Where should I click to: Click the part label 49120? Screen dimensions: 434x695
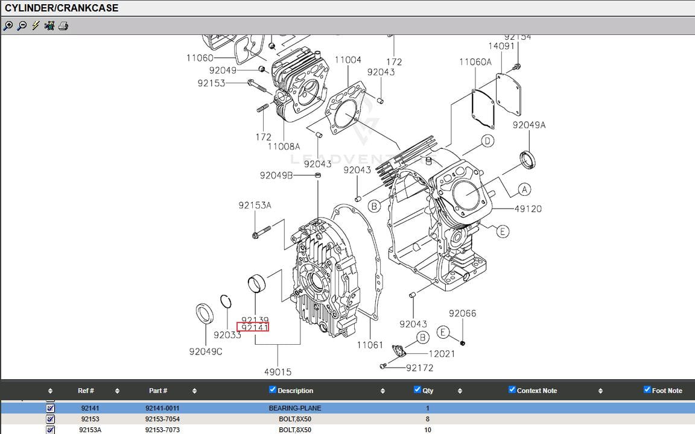tap(528, 209)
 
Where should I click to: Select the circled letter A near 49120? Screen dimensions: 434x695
tap(524, 189)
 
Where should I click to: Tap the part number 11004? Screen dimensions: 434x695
tap(347, 60)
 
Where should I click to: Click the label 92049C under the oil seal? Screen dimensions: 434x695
tap(205, 351)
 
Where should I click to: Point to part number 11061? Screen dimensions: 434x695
tap(369, 345)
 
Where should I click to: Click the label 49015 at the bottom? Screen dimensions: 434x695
tap(278, 372)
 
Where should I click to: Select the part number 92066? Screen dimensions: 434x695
tap(462, 313)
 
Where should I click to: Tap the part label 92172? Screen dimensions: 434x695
tap(419, 368)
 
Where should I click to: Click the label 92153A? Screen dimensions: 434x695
tap(255, 205)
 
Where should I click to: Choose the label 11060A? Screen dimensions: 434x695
tap(475, 61)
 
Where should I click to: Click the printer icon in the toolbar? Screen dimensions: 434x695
tap(63, 25)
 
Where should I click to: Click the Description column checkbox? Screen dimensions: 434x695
tap(273, 389)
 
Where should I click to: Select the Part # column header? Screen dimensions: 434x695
tap(158, 391)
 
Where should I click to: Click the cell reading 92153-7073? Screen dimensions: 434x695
tap(162, 430)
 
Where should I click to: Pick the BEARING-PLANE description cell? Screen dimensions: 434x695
tap(294, 408)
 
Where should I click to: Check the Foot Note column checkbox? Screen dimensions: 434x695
tap(647, 389)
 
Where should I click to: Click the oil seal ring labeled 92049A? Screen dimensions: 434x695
tap(528, 159)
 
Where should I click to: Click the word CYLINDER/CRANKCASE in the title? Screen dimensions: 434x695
tap(62, 8)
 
